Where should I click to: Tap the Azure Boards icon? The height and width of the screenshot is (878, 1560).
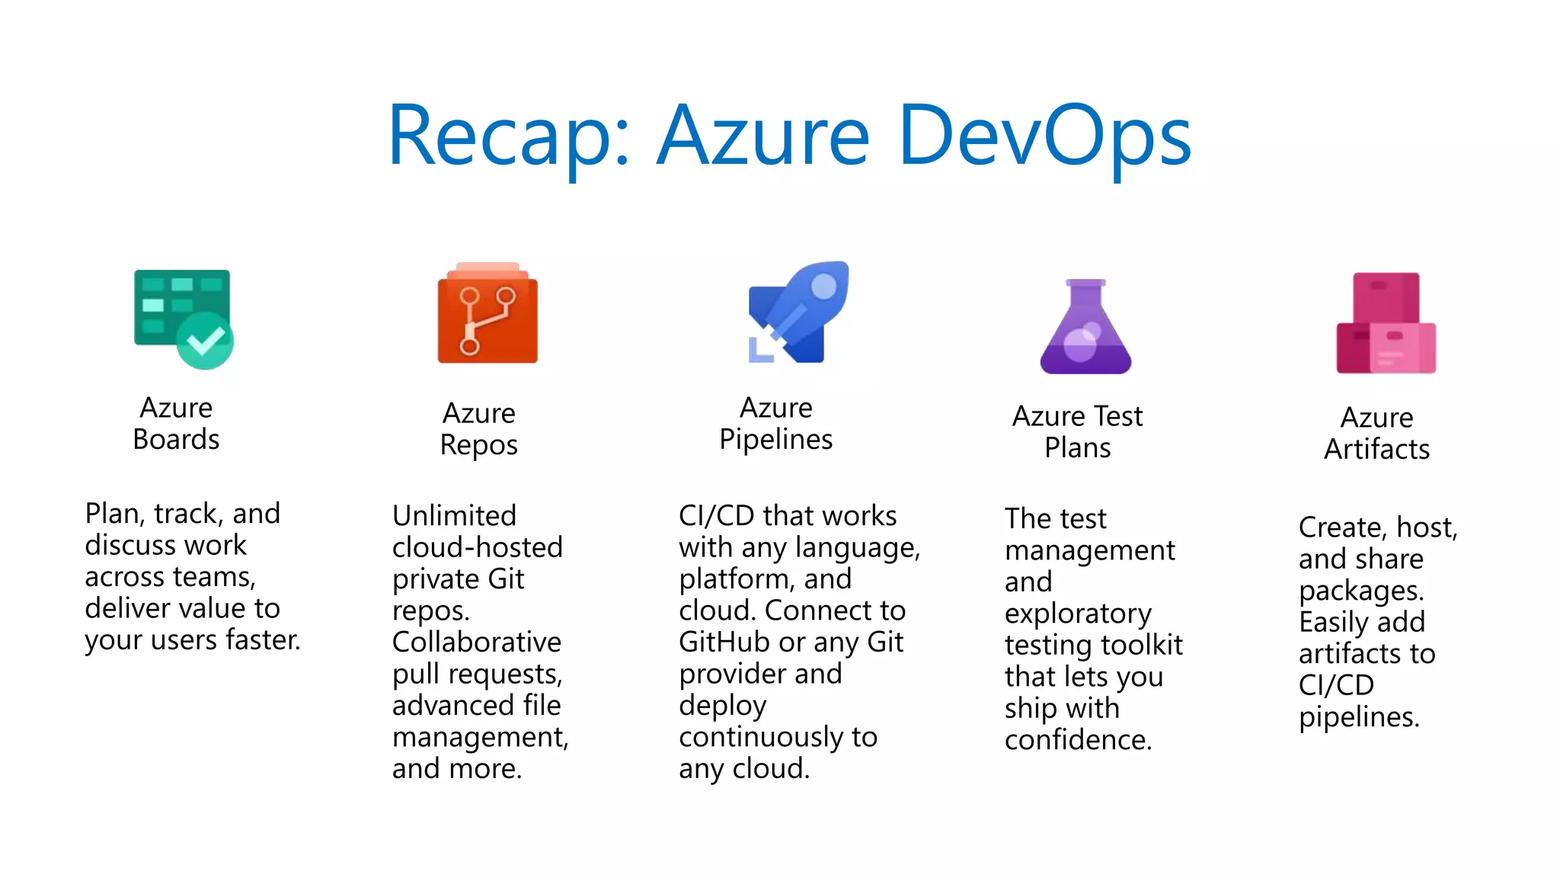[x=183, y=319]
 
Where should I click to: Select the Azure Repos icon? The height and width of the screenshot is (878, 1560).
[x=487, y=314]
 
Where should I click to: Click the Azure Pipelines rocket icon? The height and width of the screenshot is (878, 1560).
[x=798, y=312]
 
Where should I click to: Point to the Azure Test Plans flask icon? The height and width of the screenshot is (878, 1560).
[x=1085, y=328]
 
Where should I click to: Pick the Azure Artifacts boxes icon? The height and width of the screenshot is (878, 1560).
[x=1386, y=323]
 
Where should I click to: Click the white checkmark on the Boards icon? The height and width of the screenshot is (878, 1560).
[x=206, y=341]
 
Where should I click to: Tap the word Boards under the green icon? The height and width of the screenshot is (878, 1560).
[x=176, y=440]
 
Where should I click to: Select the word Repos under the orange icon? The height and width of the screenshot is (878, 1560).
[x=478, y=445]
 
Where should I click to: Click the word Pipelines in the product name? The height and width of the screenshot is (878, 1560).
[x=775, y=440]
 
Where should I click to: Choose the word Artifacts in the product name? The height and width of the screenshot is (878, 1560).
[x=1376, y=450]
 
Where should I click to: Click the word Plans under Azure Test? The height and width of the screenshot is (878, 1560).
[x=1077, y=448]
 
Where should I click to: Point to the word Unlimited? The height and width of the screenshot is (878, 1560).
[x=454, y=516]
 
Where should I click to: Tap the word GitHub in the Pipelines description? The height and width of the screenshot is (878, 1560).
[x=724, y=642]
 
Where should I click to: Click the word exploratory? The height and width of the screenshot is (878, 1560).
[x=1078, y=614]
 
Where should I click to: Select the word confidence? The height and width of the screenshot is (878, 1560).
[x=1077, y=740]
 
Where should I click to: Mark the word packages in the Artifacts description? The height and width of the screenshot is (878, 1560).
[x=1360, y=591]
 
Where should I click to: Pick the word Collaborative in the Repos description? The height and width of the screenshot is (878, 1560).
[x=477, y=642]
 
